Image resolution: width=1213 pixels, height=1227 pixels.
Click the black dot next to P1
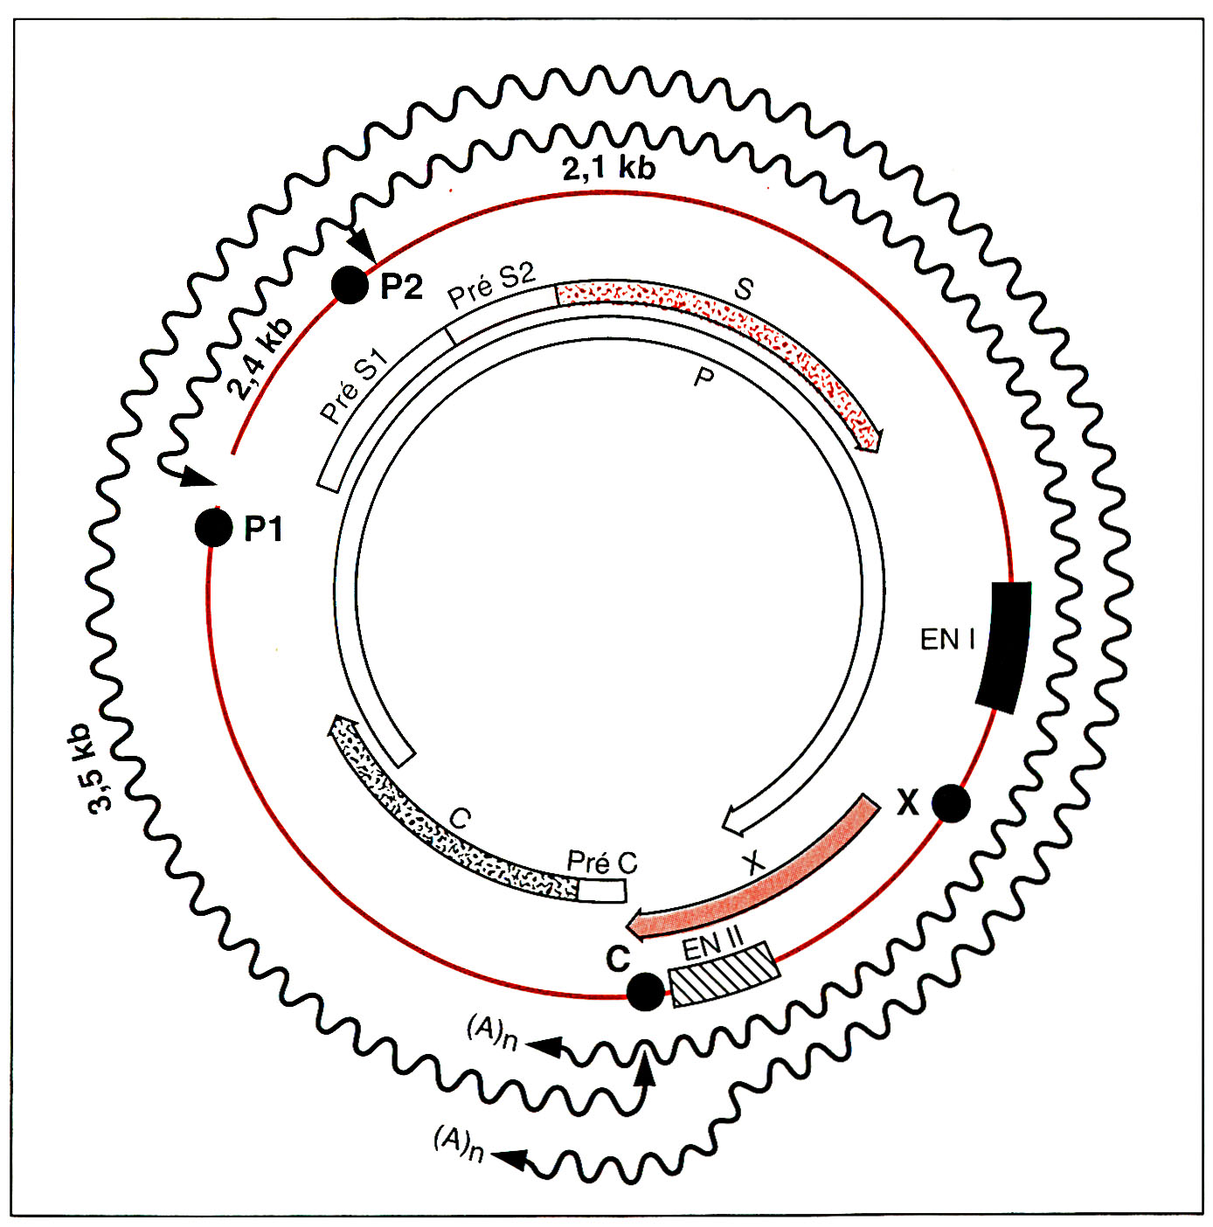click(x=214, y=527)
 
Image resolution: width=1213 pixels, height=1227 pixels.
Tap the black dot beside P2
click(x=350, y=285)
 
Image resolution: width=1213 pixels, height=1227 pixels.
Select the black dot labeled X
click(x=951, y=802)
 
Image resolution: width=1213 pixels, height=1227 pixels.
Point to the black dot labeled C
click(x=646, y=991)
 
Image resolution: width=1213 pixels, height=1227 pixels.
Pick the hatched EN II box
click(x=724, y=974)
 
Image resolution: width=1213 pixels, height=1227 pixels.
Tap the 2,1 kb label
click(x=608, y=167)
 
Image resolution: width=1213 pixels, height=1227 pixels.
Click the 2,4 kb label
click(x=260, y=358)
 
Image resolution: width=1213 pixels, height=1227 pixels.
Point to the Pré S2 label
click(x=491, y=285)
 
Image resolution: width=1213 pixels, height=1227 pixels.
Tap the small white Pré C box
click(x=602, y=890)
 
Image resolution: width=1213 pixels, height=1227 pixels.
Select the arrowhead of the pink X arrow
click(x=640, y=925)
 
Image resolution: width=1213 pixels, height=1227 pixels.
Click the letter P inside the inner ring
click(x=703, y=378)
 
